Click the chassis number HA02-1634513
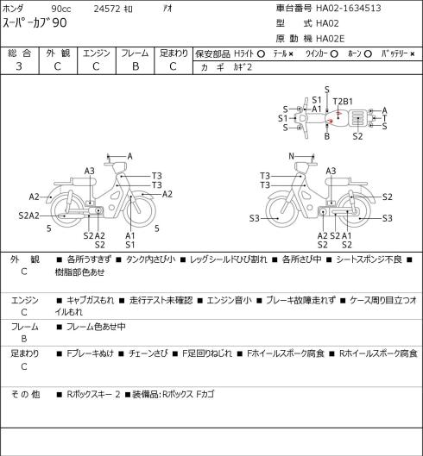(x=349, y=8)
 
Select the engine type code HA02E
(x=331, y=39)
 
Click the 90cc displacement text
(x=61, y=9)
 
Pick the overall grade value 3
(x=19, y=66)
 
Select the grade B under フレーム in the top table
(x=136, y=66)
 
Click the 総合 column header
(x=19, y=53)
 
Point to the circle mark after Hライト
(x=261, y=53)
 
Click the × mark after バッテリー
(x=413, y=54)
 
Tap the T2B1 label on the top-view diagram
(x=343, y=102)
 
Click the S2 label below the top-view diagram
(x=357, y=136)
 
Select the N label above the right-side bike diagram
(x=291, y=156)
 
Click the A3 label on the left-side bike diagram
(x=90, y=171)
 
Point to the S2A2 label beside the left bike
(x=28, y=216)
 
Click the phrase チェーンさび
(x=148, y=353)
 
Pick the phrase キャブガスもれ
(x=91, y=300)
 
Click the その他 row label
(x=25, y=394)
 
